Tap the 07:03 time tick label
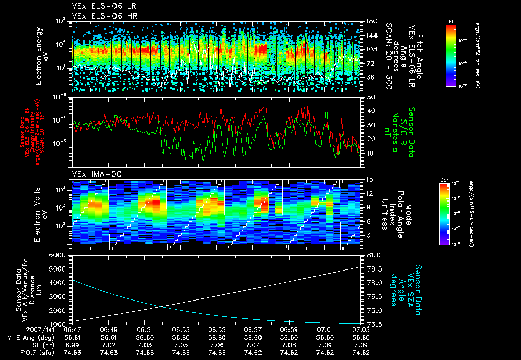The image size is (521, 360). (x=360, y=329)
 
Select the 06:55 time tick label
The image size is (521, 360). (x=217, y=329)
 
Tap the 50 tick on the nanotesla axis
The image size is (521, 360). (x=370, y=97)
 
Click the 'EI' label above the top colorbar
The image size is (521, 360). (x=451, y=21)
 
